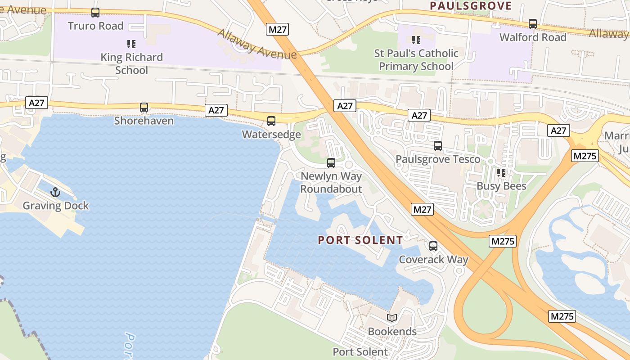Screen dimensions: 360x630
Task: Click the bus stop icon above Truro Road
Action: (x=95, y=13)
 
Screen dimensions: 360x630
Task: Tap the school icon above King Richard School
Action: (x=131, y=44)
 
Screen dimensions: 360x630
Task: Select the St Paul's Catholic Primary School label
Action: (x=416, y=60)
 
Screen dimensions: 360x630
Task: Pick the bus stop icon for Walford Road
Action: (x=533, y=24)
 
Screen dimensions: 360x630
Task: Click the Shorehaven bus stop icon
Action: (x=144, y=108)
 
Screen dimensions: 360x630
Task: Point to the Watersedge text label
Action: (x=271, y=135)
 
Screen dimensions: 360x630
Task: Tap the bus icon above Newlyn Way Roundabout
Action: (x=331, y=163)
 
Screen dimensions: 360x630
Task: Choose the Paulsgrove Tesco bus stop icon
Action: (x=438, y=146)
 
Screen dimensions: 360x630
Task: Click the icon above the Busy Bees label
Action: (x=501, y=173)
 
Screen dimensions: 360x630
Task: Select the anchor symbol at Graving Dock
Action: (x=55, y=192)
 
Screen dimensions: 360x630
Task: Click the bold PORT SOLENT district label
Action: (x=360, y=240)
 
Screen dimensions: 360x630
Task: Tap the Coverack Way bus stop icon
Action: (x=433, y=246)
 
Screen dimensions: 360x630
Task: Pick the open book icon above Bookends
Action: (x=392, y=318)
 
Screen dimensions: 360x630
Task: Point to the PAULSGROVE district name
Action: (x=471, y=6)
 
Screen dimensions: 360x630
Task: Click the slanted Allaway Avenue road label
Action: (x=257, y=45)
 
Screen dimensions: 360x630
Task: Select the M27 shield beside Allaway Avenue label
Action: (x=278, y=30)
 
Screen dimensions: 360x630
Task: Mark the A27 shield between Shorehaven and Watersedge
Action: (x=216, y=110)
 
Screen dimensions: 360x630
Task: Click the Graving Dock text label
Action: (x=56, y=206)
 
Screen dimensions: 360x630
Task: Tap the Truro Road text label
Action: (x=95, y=26)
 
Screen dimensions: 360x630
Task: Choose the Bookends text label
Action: (x=392, y=332)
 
